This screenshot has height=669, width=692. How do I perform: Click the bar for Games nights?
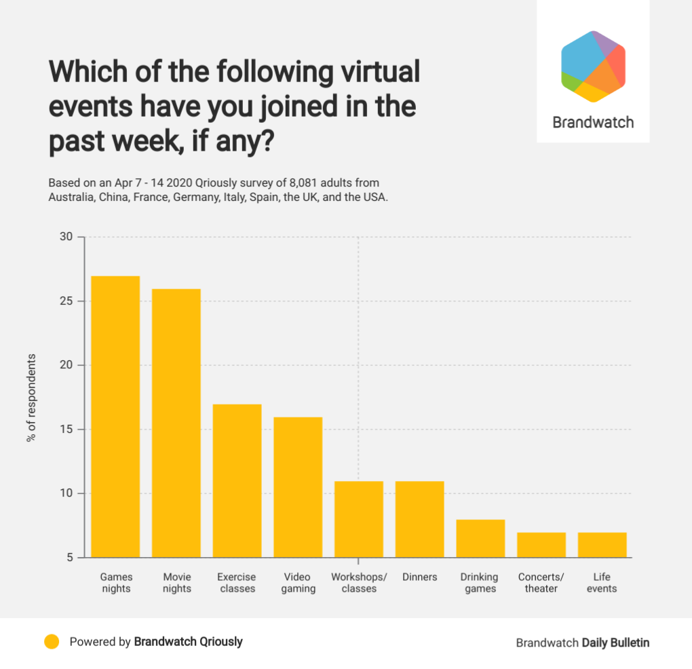[115, 417]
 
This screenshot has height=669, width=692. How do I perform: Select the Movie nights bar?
[176, 423]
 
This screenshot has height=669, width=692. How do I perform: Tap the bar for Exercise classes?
[237, 481]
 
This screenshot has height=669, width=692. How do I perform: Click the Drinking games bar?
[480, 539]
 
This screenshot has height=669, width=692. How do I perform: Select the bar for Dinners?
[419, 519]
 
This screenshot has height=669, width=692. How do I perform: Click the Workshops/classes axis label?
[359, 583]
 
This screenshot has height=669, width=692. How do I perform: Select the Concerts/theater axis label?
[541, 583]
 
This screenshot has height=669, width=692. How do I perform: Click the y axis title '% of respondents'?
[31, 398]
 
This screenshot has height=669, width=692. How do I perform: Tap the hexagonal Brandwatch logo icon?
[593, 66]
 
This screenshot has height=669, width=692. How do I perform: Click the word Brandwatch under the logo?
[593, 123]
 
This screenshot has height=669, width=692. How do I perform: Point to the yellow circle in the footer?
[52, 642]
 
